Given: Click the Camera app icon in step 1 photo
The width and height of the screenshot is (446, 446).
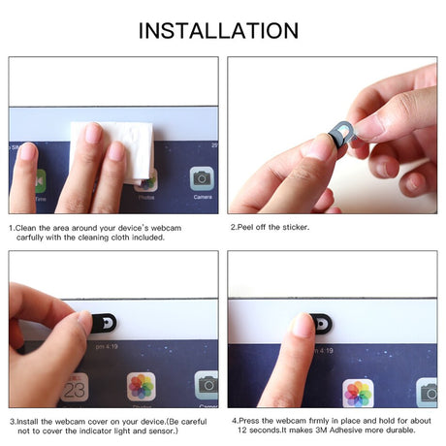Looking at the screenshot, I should (201, 179).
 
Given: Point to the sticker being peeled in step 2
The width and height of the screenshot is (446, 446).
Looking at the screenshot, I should (341, 136).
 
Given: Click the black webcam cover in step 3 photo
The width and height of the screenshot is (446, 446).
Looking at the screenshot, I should (102, 322).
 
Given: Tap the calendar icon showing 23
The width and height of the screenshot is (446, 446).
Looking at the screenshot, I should (75, 386).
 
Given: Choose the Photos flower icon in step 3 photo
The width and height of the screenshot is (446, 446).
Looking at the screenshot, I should (142, 386).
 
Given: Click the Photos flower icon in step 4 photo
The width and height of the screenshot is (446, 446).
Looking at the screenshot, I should (358, 393).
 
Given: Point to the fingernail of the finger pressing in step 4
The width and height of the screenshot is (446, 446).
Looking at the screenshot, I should (303, 326).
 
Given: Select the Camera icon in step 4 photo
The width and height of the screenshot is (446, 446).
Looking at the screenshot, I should (427, 392).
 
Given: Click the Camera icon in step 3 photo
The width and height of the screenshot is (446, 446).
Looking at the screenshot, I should (206, 385).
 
